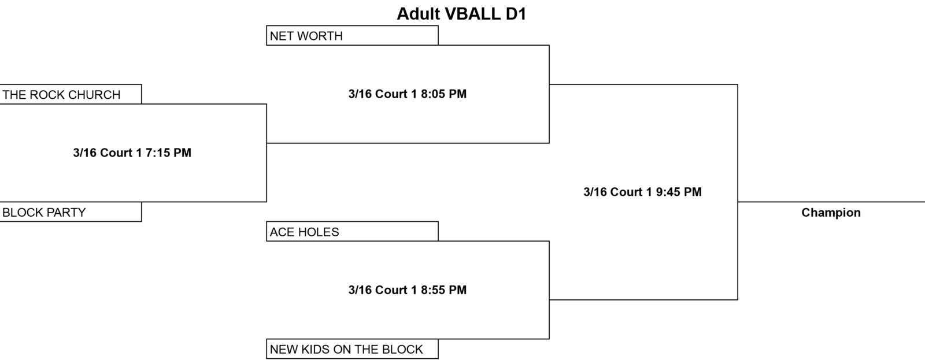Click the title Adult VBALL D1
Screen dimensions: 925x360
(x=462, y=14)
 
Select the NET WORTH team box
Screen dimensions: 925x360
(x=352, y=35)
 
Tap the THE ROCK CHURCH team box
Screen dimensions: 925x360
(x=71, y=94)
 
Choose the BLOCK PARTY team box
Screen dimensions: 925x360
(x=71, y=212)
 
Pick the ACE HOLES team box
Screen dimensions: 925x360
(x=352, y=231)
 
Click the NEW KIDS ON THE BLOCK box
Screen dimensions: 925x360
(x=352, y=349)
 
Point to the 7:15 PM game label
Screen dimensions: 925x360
(x=132, y=153)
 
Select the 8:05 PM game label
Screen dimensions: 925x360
(x=408, y=94)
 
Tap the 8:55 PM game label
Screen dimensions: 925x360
(x=408, y=290)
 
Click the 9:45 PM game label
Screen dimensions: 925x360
(x=642, y=192)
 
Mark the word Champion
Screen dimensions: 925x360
(x=831, y=213)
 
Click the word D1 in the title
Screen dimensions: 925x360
(x=516, y=14)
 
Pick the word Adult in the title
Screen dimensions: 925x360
(x=419, y=14)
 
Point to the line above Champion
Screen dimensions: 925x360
(x=831, y=202)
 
